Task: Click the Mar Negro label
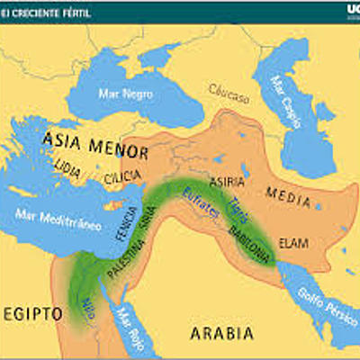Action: pos(128,93)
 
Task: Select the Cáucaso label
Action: pos(228,89)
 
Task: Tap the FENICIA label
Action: pos(127,221)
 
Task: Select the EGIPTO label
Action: pos(33,314)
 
